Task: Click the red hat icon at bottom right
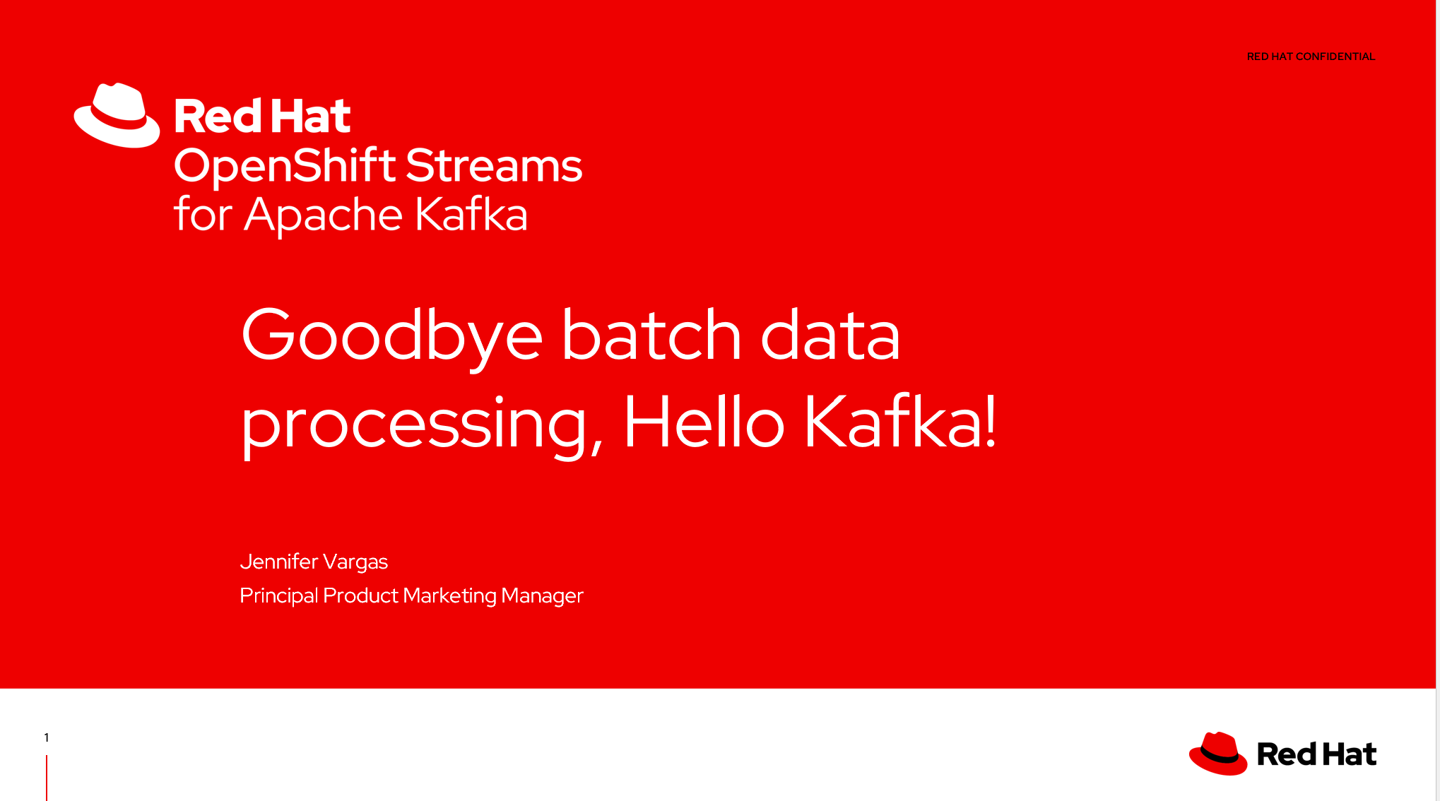click(x=1218, y=753)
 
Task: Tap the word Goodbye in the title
click(x=392, y=338)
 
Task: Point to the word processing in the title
click(x=422, y=425)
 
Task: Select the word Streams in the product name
click(x=494, y=165)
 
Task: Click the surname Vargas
click(x=355, y=562)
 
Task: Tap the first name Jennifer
click(x=279, y=562)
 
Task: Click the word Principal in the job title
click(x=279, y=596)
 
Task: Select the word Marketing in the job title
click(x=450, y=596)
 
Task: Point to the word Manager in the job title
click(x=543, y=597)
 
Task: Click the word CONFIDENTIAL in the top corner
click(x=1335, y=57)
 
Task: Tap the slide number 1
click(x=47, y=737)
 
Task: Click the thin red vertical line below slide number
click(x=47, y=778)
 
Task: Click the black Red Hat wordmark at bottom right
click(x=1316, y=754)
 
